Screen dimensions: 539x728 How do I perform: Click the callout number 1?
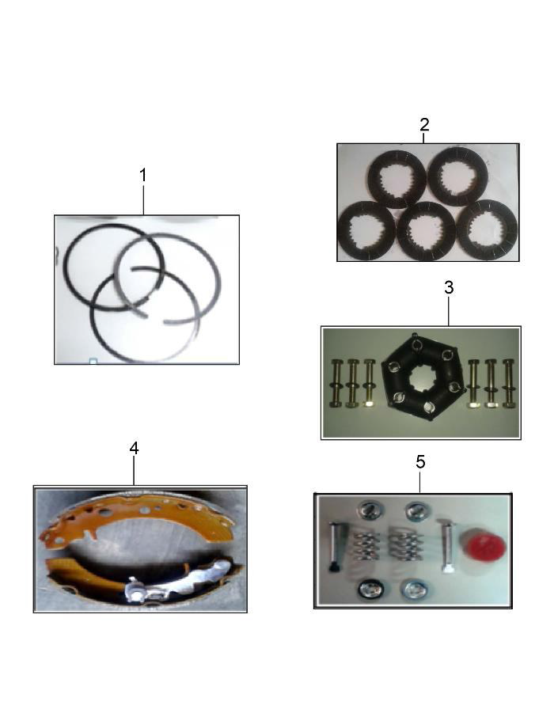pos(143,176)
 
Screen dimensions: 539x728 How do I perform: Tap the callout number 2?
pos(424,124)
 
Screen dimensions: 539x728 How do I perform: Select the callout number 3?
pos(449,287)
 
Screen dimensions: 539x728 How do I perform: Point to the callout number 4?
pos(134,448)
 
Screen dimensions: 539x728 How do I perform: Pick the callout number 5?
pos(420,461)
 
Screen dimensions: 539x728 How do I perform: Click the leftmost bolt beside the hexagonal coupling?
pos(336,382)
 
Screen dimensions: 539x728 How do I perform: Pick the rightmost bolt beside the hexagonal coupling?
pos(508,383)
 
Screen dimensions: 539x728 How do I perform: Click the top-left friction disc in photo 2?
pos(397,179)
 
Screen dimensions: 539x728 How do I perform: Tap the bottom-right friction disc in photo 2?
pos(487,229)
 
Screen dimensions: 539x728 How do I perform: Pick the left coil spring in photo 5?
pos(366,544)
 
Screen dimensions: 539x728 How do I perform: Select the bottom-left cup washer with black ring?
pos(371,590)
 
